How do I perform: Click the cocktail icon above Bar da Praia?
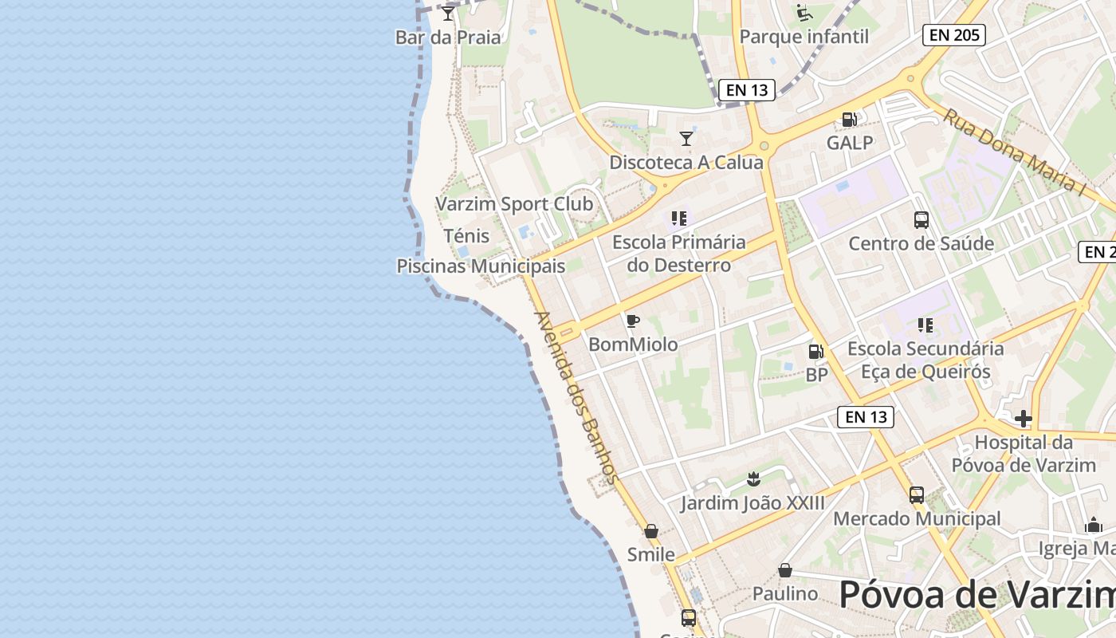coord(448,14)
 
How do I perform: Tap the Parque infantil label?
coord(804,37)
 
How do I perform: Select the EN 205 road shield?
coord(954,35)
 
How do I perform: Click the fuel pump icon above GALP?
coord(850,120)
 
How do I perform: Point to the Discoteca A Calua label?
coord(686,163)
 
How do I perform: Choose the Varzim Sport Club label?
coord(514,204)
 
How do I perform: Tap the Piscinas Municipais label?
coord(481,266)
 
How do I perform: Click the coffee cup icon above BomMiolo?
coord(633,321)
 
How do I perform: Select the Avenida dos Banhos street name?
coord(576,397)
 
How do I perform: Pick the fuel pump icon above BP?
coord(816,352)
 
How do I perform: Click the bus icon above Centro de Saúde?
coord(921,220)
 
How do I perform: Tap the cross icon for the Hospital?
coord(1024,419)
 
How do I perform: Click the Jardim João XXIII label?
coord(753,503)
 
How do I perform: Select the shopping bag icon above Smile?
coord(651,531)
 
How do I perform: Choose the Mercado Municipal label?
coord(917,519)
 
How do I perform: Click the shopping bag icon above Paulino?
coord(785,570)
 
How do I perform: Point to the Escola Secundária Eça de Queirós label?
coord(925,360)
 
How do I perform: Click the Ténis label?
coord(466,236)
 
